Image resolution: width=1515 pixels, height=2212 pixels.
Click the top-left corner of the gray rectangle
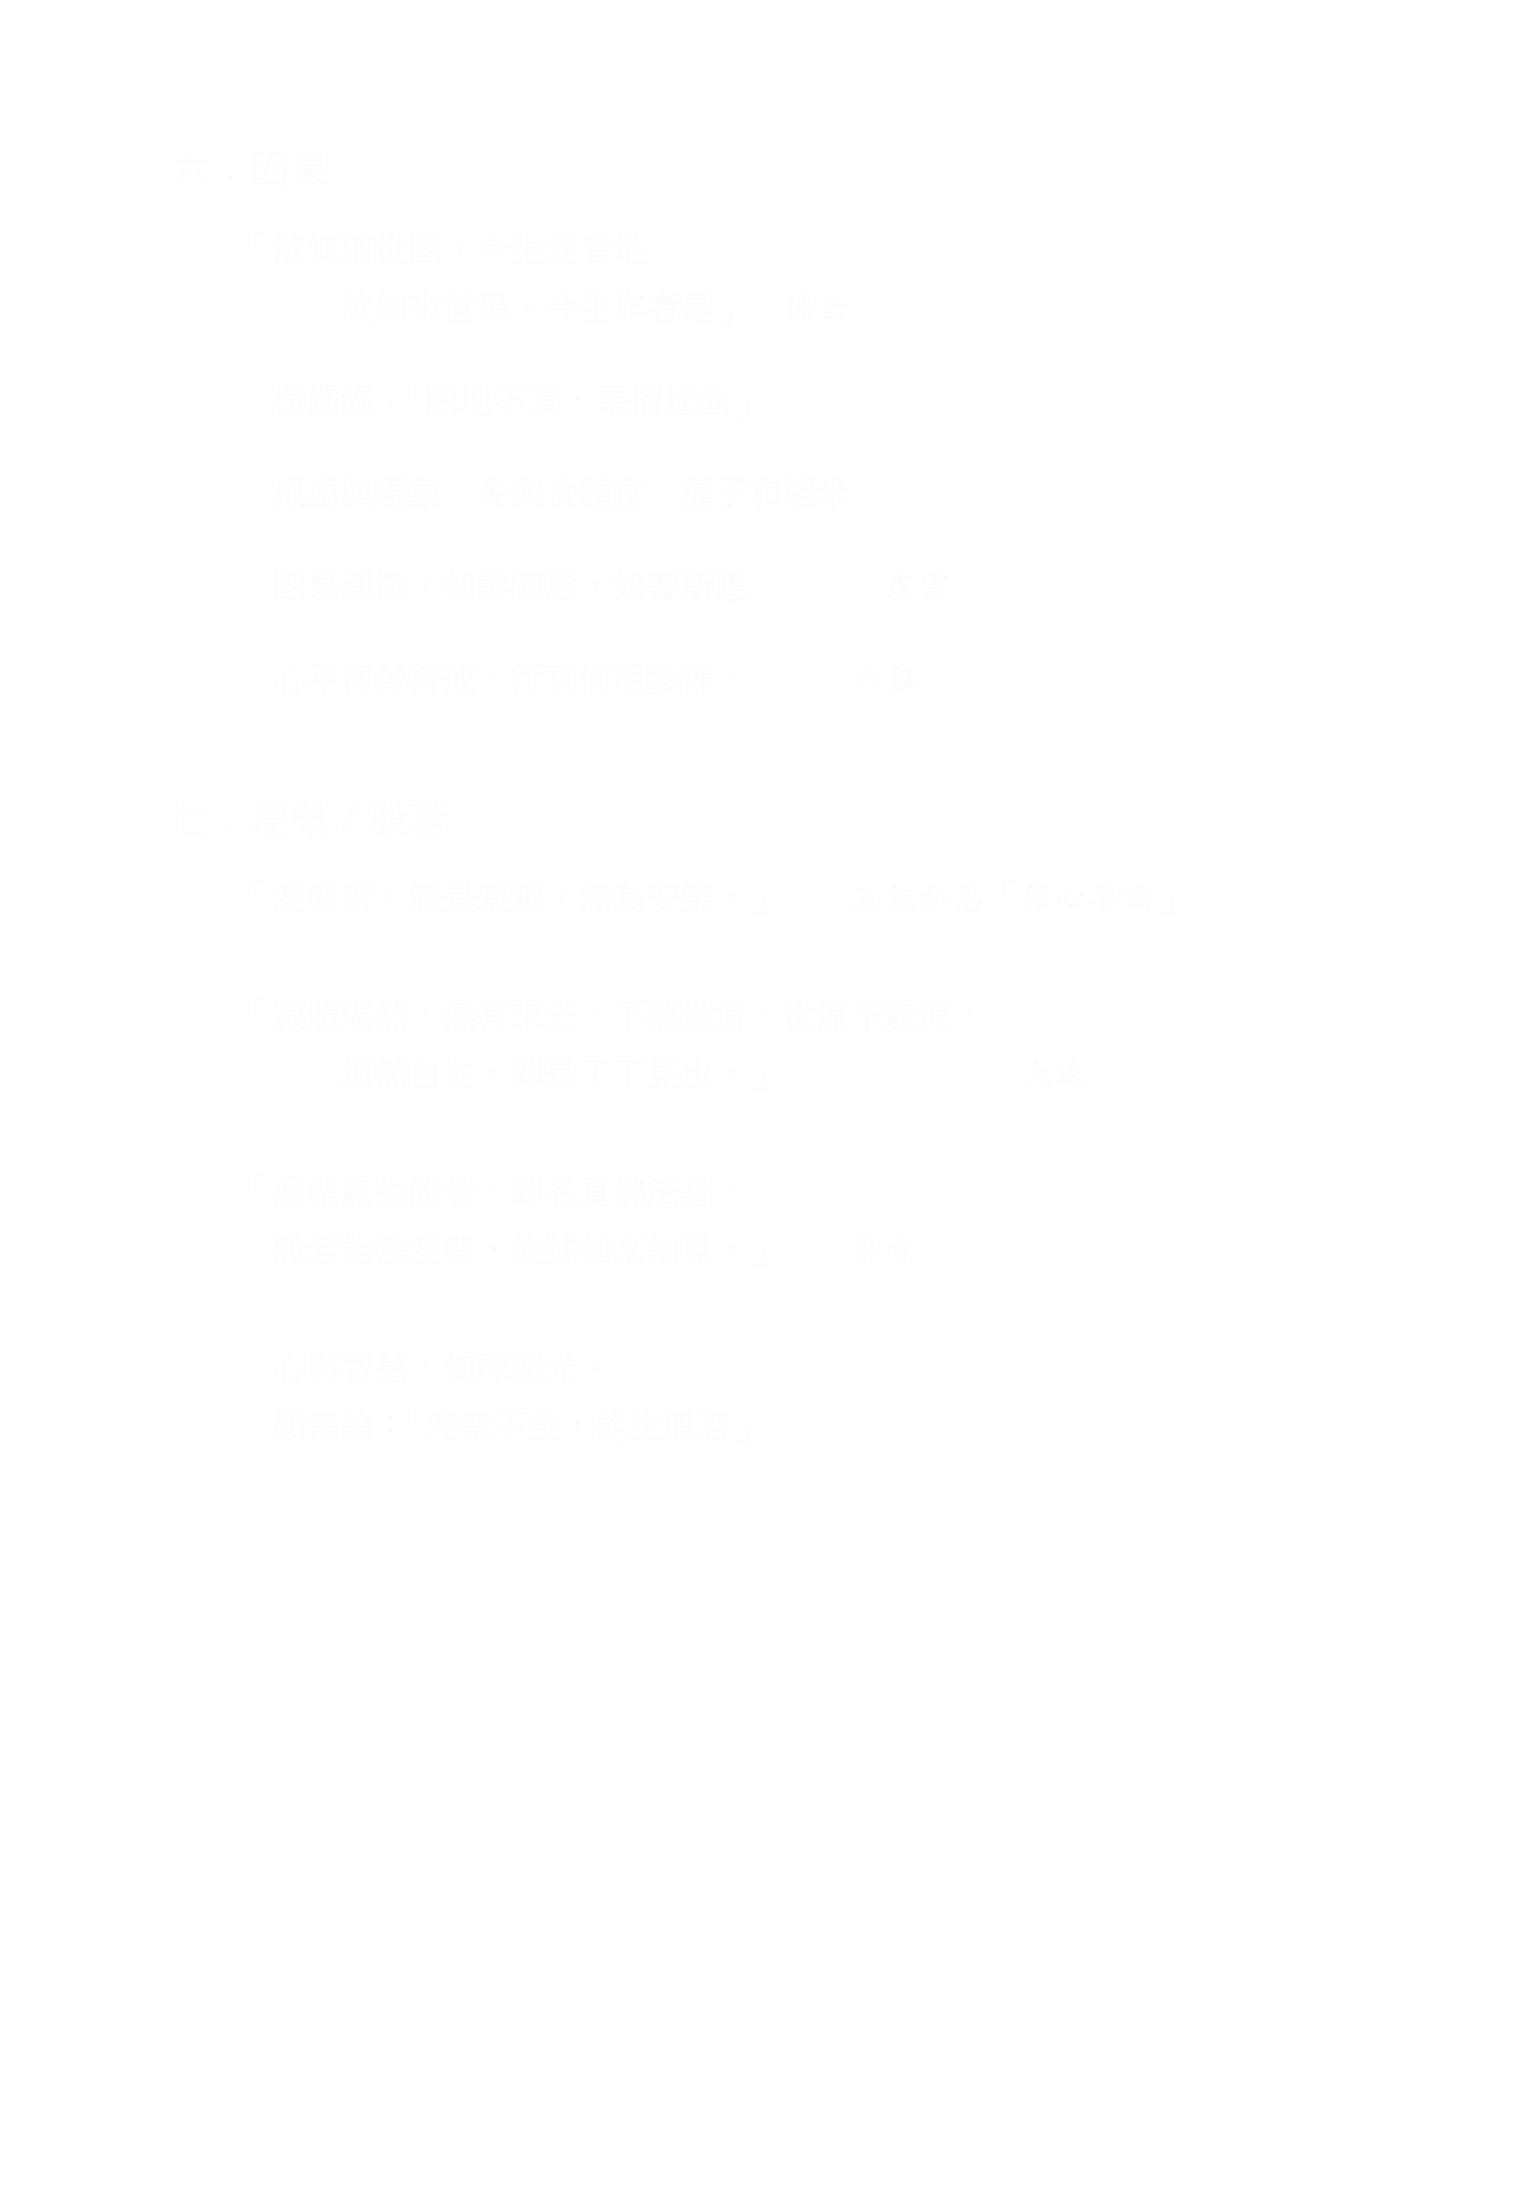coord(173,151)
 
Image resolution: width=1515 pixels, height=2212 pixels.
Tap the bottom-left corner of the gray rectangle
coord(173,1441)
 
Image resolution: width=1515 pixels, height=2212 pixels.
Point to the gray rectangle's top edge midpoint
coord(672,151)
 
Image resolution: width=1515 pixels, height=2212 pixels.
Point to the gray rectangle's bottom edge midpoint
coord(672,1441)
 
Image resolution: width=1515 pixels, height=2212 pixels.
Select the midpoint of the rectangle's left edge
coord(173,795)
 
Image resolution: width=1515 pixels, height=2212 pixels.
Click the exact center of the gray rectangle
coord(672,795)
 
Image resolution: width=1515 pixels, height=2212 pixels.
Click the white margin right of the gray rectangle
coord(1342,795)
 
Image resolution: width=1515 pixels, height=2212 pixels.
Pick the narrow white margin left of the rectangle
coord(85,795)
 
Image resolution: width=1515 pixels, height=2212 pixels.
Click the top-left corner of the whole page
coord(0,0)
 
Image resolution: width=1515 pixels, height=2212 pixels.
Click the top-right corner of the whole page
coord(1514,0)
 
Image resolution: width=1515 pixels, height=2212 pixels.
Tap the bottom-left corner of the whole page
coord(0,2211)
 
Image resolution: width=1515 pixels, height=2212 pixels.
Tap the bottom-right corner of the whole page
coord(1514,2211)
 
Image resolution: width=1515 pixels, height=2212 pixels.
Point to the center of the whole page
coord(758,1106)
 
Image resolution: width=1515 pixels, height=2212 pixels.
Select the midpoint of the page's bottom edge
coord(758,2211)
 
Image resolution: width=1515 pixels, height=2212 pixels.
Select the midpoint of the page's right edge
coord(1514,1106)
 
